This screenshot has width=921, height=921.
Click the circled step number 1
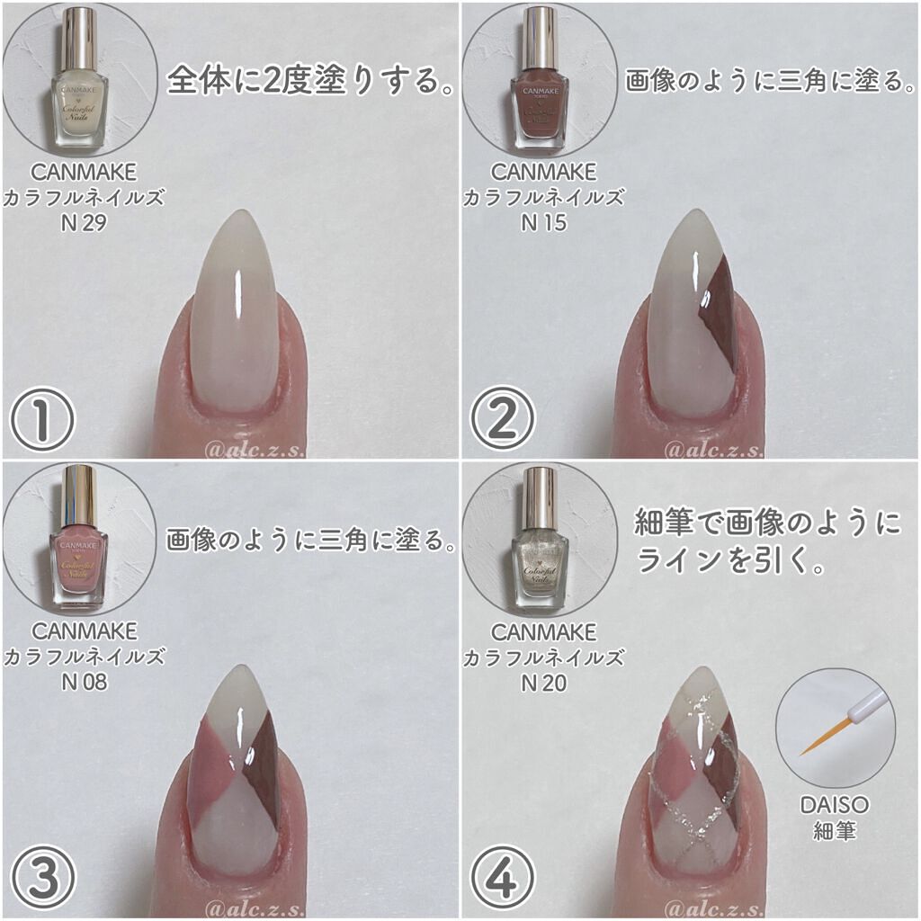click(x=42, y=419)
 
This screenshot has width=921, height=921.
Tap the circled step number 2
click(x=502, y=419)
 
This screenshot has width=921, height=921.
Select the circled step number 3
click(x=42, y=880)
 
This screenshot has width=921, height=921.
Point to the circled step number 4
click(x=502, y=880)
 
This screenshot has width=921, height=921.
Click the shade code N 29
click(x=84, y=223)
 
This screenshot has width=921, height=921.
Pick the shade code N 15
click(x=544, y=223)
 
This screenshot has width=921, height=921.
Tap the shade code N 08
click(x=85, y=682)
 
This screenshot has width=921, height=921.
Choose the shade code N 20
click(x=544, y=683)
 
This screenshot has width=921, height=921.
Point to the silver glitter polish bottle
click(x=540, y=538)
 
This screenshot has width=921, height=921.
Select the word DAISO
click(x=835, y=805)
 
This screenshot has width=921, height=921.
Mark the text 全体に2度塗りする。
click(x=309, y=80)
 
